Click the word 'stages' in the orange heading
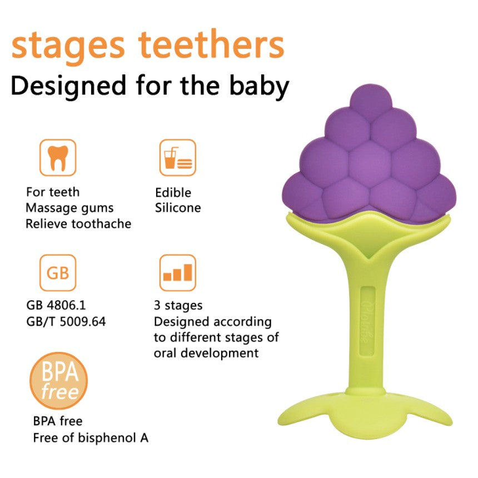point(68,47)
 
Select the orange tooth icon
point(57,157)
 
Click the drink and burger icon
point(177,157)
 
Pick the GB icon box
point(57,273)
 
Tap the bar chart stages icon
point(177,273)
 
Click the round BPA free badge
point(58,380)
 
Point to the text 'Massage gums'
point(69,208)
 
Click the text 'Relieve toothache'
point(78,224)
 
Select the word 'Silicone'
point(178,208)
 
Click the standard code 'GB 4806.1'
point(56,305)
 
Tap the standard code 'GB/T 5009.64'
point(66,321)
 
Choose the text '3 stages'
point(178,305)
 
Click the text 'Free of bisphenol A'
point(91,437)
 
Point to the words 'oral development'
point(206,353)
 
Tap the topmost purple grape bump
point(368,99)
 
